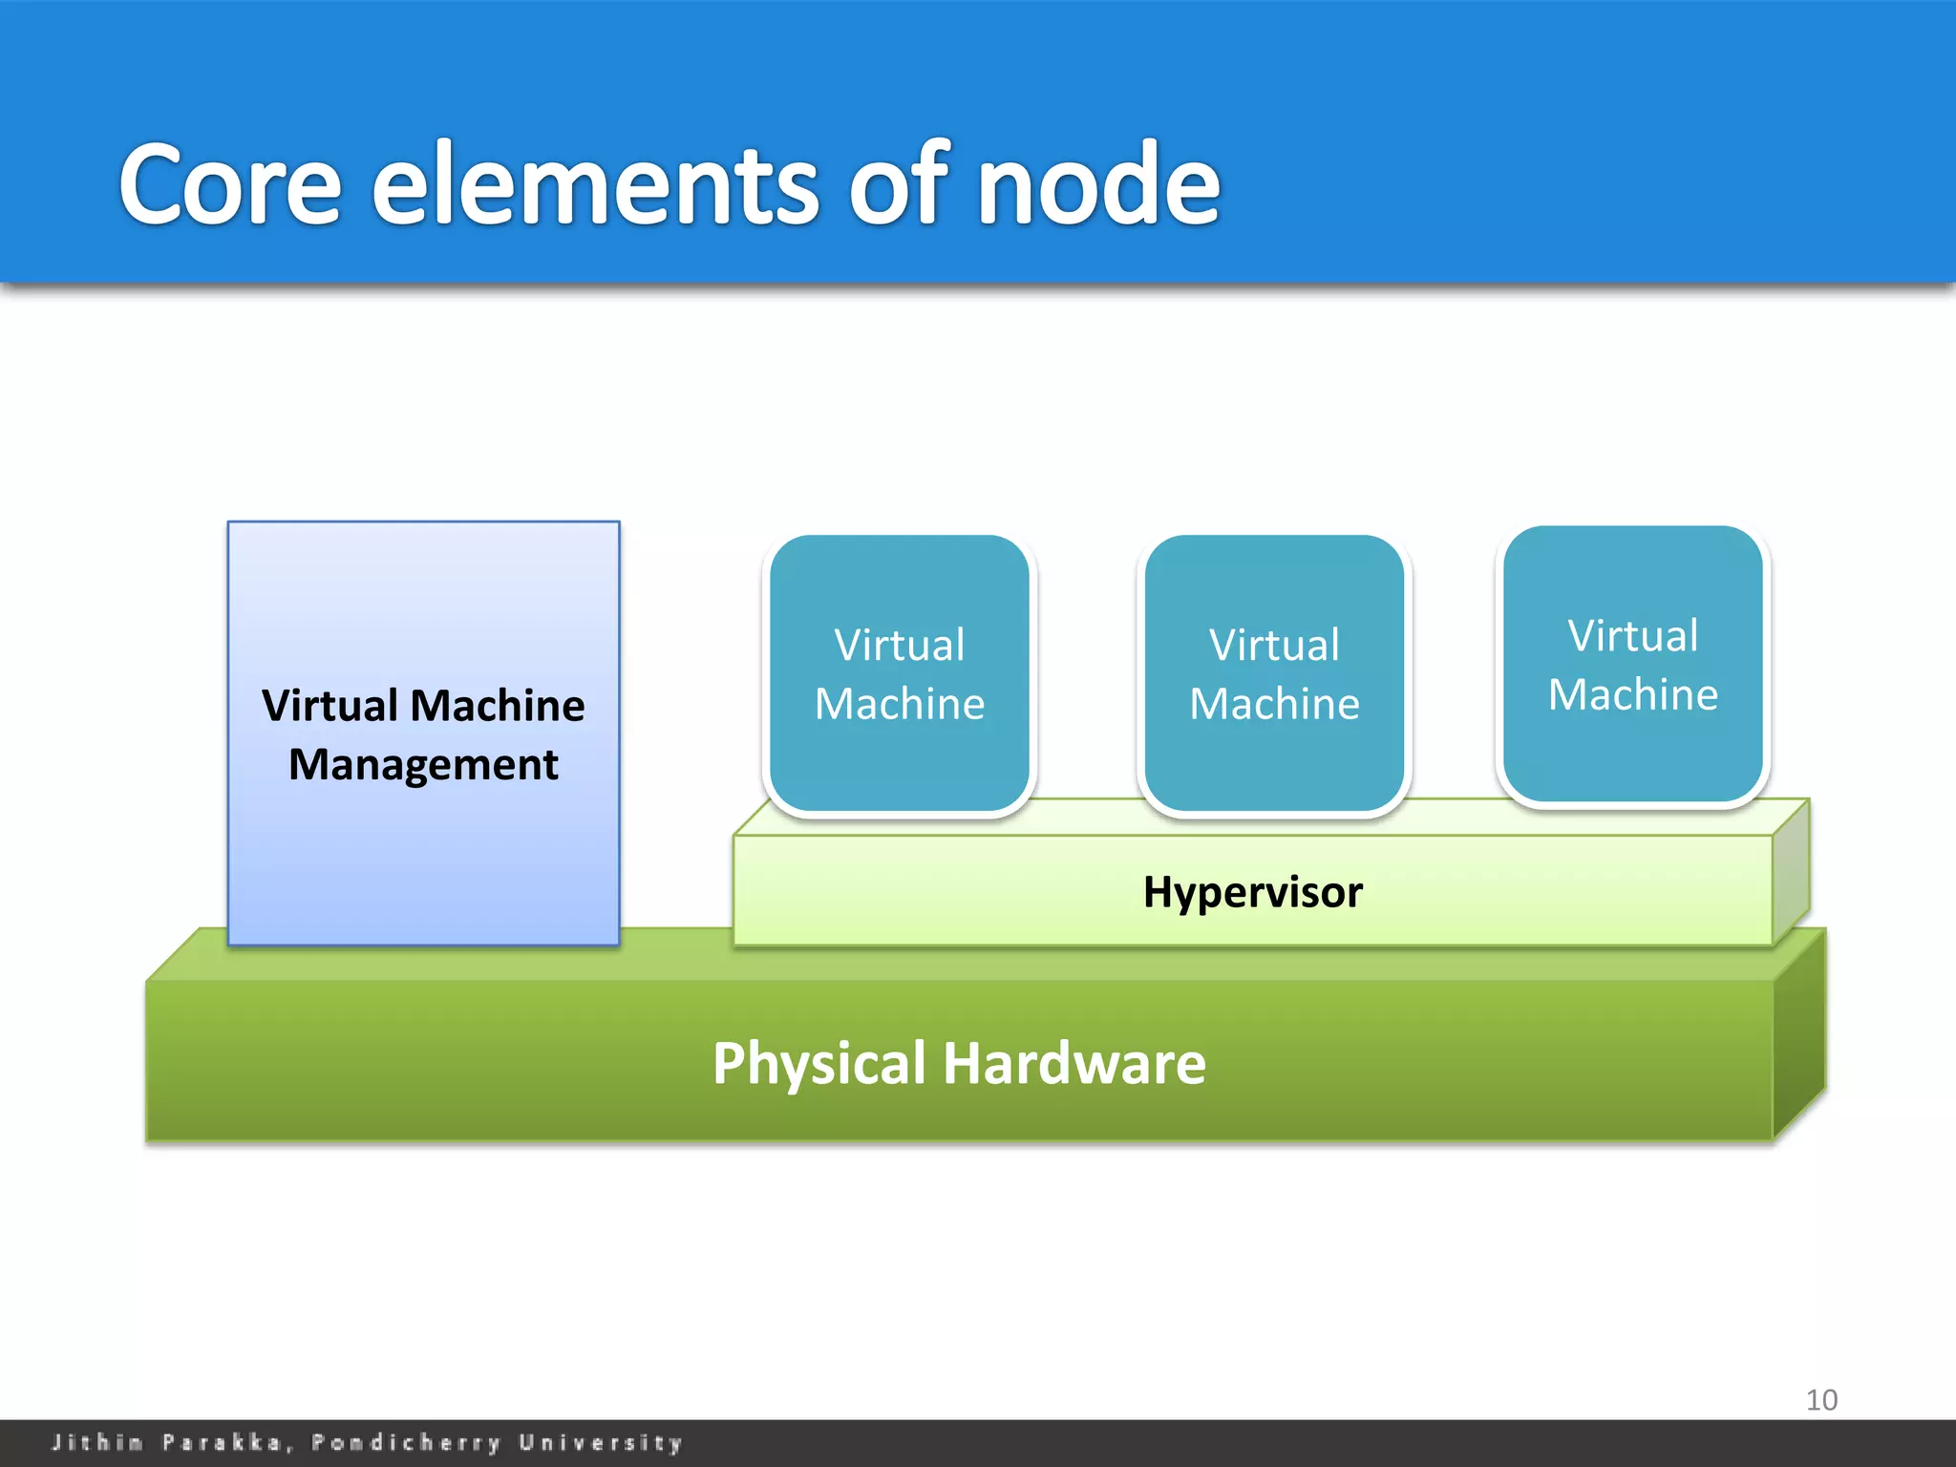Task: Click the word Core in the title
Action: click(229, 183)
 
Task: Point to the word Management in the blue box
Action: click(423, 765)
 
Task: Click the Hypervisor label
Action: click(1252, 892)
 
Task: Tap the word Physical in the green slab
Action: click(819, 1064)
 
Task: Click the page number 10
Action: click(1821, 1400)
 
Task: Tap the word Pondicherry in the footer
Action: click(407, 1442)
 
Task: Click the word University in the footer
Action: click(601, 1442)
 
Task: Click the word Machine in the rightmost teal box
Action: click(1633, 694)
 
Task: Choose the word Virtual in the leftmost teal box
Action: click(900, 645)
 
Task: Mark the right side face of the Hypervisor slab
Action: click(1791, 871)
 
